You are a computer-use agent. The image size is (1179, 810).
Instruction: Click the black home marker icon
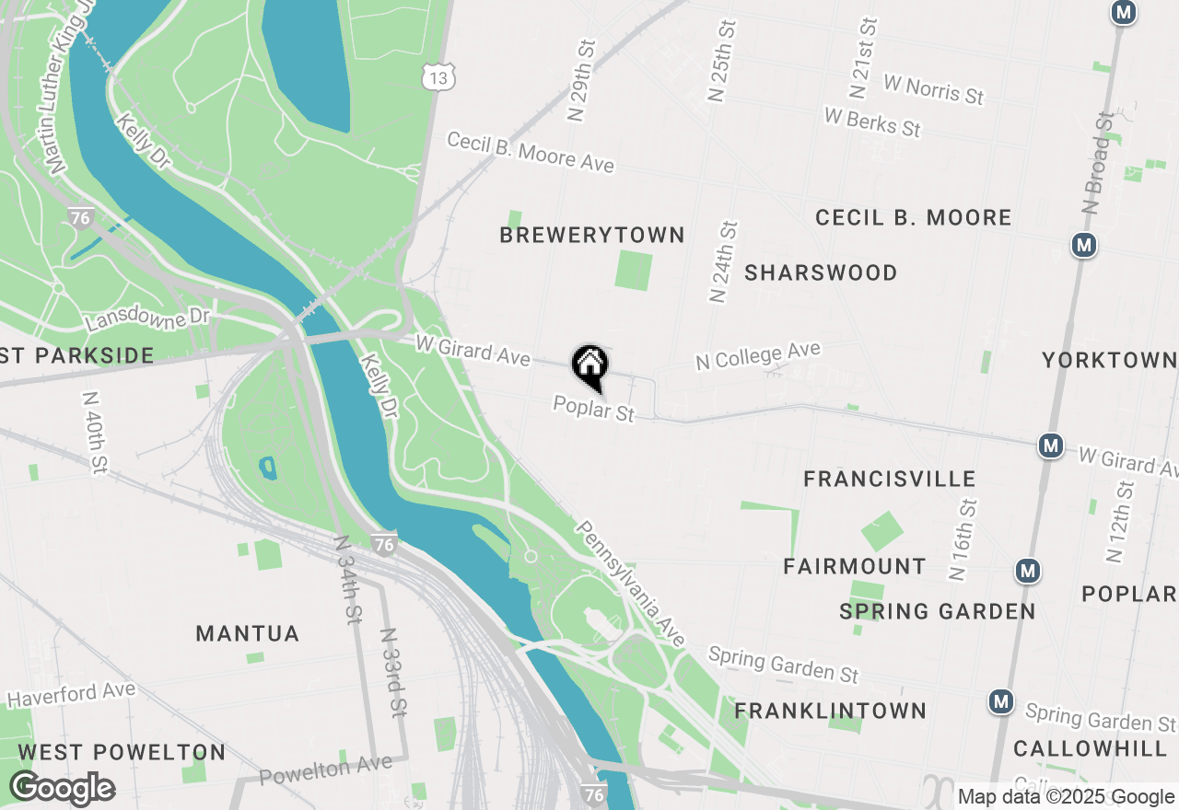coord(589,365)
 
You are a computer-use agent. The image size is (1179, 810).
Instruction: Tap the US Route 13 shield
coord(438,78)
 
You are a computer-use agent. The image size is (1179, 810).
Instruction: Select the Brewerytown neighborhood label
coord(592,236)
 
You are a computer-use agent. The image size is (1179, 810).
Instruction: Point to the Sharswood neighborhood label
coord(821,273)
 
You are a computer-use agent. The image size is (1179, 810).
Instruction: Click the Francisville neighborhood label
coord(890,479)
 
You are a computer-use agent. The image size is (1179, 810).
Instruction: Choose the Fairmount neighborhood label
coord(855,566)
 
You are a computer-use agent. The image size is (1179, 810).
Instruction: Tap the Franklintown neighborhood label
coord(831,711)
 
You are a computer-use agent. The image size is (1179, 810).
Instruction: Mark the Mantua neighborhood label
coord(248,634)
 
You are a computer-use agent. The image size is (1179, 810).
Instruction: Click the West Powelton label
coord(122,752)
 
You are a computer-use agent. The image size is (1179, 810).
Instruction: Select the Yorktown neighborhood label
coord(1109,360)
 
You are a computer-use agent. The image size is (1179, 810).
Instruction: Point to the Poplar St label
coord(594,409)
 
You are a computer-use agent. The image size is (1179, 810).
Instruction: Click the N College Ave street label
coord(758,355)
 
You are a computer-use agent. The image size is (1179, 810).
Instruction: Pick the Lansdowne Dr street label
coord(147,319)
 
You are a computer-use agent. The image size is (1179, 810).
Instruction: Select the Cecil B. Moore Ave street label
coord(531,152)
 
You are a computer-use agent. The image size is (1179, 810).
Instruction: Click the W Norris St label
coord(933,88)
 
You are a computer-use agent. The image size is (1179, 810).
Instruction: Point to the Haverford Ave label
coord(71,695)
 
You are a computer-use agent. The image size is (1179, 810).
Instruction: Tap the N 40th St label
coord(95,434)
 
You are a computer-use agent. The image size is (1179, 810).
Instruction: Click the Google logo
coord(63,789)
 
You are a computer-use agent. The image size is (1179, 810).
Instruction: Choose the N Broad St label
coord(1099,163)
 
